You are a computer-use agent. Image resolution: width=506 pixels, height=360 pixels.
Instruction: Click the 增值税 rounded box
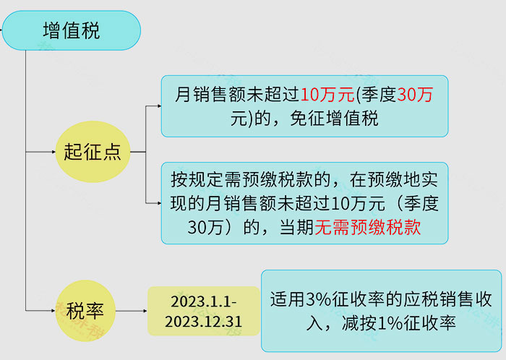coord(72,30)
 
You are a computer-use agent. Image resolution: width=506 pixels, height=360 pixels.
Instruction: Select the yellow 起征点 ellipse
coord(93,152)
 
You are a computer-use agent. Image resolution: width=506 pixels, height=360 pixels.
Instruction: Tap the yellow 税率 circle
coord(85,311)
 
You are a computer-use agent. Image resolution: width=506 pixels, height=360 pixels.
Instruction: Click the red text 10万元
coord(327,95)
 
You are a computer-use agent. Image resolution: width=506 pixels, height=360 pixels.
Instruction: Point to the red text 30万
coord(415,95)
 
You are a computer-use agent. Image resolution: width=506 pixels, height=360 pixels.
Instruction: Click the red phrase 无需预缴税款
coord(367,227)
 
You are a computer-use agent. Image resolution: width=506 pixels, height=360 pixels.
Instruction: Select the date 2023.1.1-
coord(204,301)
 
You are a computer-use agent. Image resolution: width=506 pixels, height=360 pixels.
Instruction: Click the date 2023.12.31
coord(203,322)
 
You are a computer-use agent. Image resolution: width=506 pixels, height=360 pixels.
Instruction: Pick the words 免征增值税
coord(334,119)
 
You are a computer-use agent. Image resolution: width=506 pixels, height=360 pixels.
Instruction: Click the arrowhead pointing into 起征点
coord(54,152)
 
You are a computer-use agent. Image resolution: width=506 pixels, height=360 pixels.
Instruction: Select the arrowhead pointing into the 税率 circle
coord(53,311)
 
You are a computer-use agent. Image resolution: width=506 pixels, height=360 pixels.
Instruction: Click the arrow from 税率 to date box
coord(132,311)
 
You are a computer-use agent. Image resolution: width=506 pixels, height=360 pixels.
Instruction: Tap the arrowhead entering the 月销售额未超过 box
coord(159,106)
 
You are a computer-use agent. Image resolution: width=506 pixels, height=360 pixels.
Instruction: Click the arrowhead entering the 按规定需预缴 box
coord(159,203)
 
